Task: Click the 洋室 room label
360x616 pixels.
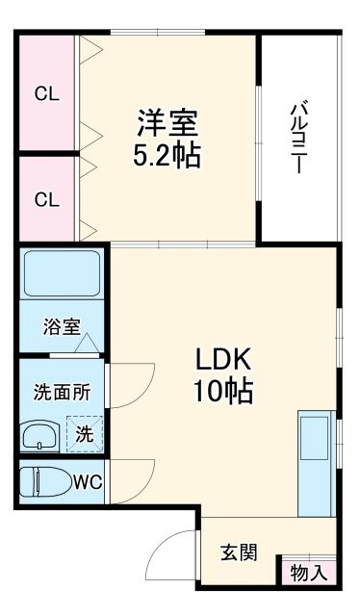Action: point(167,123)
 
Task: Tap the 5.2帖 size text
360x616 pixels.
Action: point(167,156)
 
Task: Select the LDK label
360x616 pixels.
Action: point(223,360)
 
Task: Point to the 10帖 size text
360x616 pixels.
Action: point(223,392)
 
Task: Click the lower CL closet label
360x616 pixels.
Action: point(47,200)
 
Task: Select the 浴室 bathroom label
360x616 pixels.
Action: point(61,326)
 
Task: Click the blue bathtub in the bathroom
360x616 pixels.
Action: point(61,274)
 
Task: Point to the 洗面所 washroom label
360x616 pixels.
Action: point(61,393)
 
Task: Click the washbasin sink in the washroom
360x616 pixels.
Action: point(41,435)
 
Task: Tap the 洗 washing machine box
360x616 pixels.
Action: point(85,434)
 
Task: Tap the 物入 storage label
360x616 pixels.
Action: point(308,572)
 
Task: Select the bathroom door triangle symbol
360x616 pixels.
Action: point(88,341)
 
